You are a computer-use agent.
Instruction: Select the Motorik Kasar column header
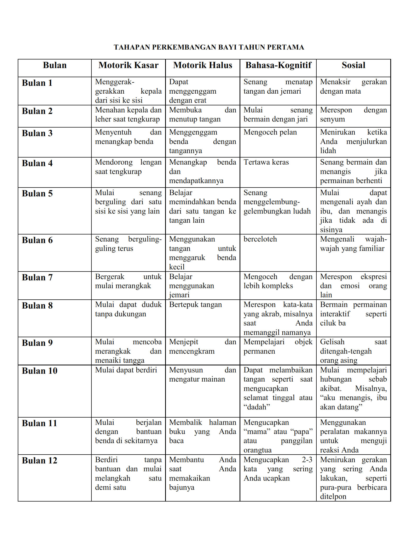point(128,65)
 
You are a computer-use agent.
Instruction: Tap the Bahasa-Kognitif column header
point(278,65)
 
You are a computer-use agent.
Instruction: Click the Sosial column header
point(353,65)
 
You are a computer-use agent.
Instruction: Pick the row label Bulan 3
point(37,133)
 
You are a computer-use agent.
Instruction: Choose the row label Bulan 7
point(37,277)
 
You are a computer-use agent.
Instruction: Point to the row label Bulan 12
point(39,461)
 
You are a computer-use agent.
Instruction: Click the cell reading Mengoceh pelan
point(270,132)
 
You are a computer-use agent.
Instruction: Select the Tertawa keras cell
point(266,162)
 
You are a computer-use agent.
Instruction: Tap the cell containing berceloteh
point(260,239)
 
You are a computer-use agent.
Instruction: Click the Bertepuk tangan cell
point(195,305)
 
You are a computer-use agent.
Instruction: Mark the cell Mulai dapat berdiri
point(126,370)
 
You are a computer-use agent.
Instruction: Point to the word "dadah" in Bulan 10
point(257,407)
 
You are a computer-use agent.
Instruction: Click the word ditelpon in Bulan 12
point(333,497)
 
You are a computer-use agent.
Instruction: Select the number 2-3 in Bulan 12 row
point(307,460)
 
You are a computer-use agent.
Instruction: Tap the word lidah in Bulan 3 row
point(328,151)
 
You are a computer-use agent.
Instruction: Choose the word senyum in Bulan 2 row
point(332,119)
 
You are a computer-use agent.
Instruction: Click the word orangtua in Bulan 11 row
point(258,450)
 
